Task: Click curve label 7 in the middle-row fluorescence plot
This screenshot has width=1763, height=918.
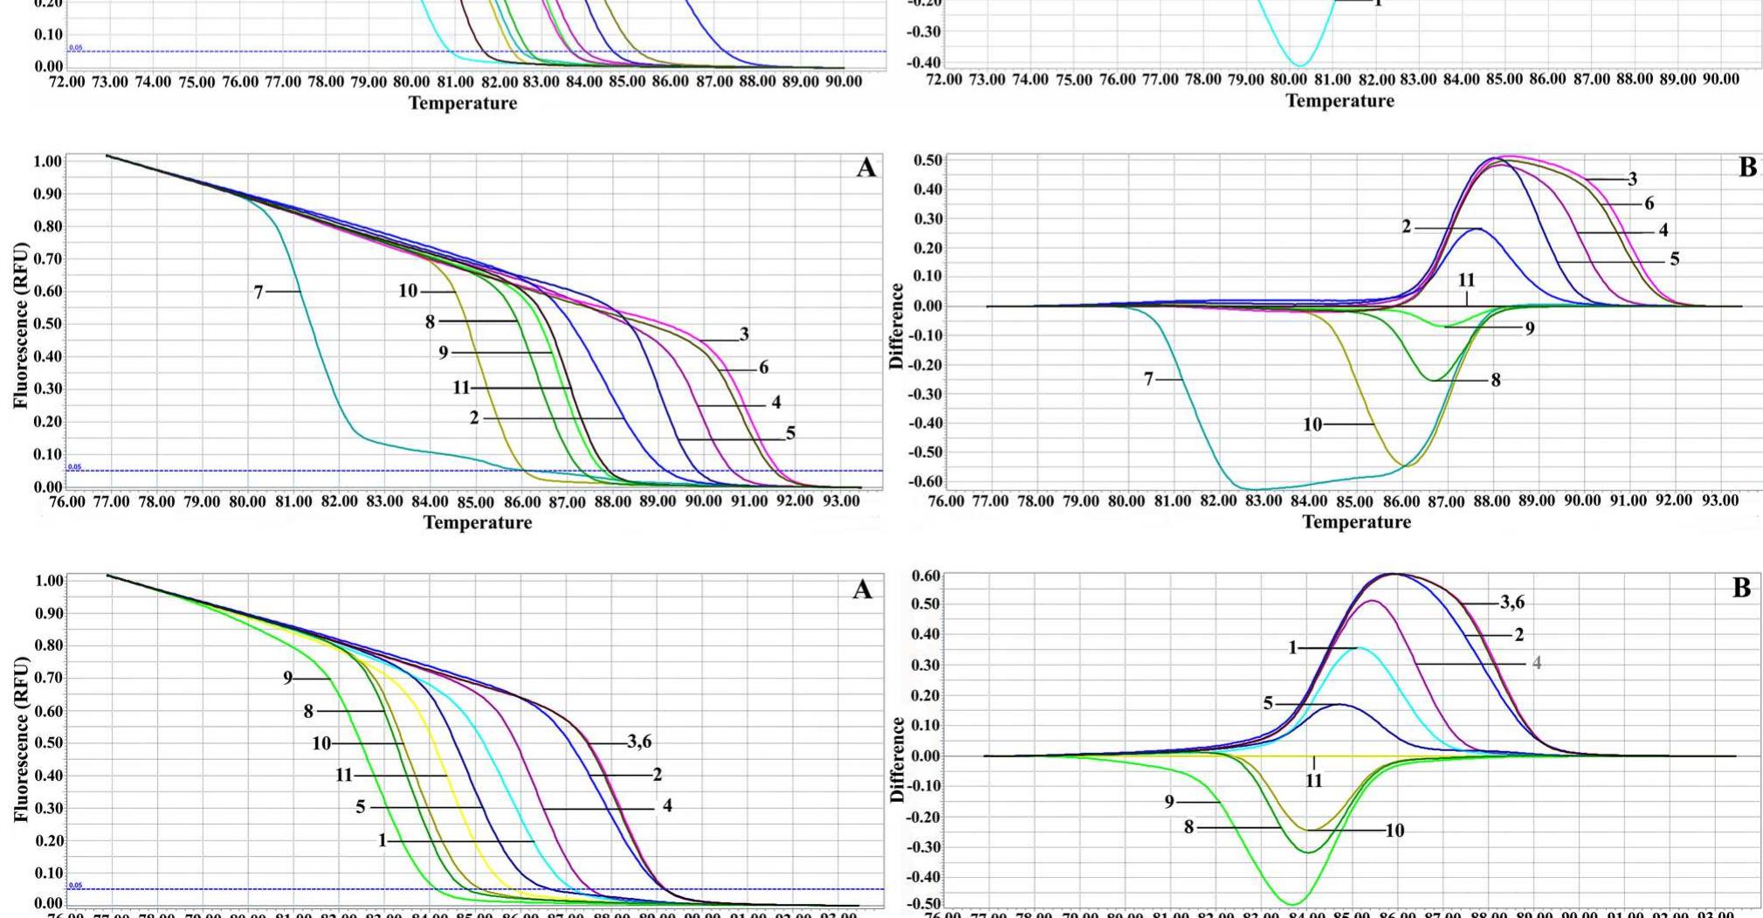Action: tap(258, 292)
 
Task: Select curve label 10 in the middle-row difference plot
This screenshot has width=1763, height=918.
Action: tap(1312, 424)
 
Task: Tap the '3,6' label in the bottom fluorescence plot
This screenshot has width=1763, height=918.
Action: tap(639, 742)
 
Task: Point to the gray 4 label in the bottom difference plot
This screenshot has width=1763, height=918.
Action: tap(1537, 663)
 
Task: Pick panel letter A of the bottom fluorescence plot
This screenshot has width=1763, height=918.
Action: tap(862, 590)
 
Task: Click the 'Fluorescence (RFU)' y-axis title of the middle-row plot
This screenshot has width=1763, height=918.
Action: tap(21, 325)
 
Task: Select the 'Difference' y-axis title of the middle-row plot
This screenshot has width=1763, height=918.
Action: tap(896, 326)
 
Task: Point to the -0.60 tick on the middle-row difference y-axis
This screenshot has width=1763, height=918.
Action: tap(924, 481)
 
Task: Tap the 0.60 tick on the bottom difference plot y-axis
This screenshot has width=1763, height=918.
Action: tap(927, 576)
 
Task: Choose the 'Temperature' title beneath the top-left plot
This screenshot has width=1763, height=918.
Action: tap(463, 103)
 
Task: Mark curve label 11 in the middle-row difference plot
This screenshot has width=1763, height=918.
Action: tap(1466, 280)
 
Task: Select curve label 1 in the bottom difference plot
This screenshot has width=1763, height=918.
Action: tap(1293, 647)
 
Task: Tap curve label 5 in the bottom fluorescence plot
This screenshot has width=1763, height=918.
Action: tap(361, 807)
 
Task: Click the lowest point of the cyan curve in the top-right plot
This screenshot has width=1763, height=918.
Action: tap(1299, 66)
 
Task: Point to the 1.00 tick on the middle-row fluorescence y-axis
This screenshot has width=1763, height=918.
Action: tap(48, 162)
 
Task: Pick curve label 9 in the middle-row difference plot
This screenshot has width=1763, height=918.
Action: tap(1530, 328)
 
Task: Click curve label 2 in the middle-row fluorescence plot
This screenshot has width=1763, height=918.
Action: tap(474, 418)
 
